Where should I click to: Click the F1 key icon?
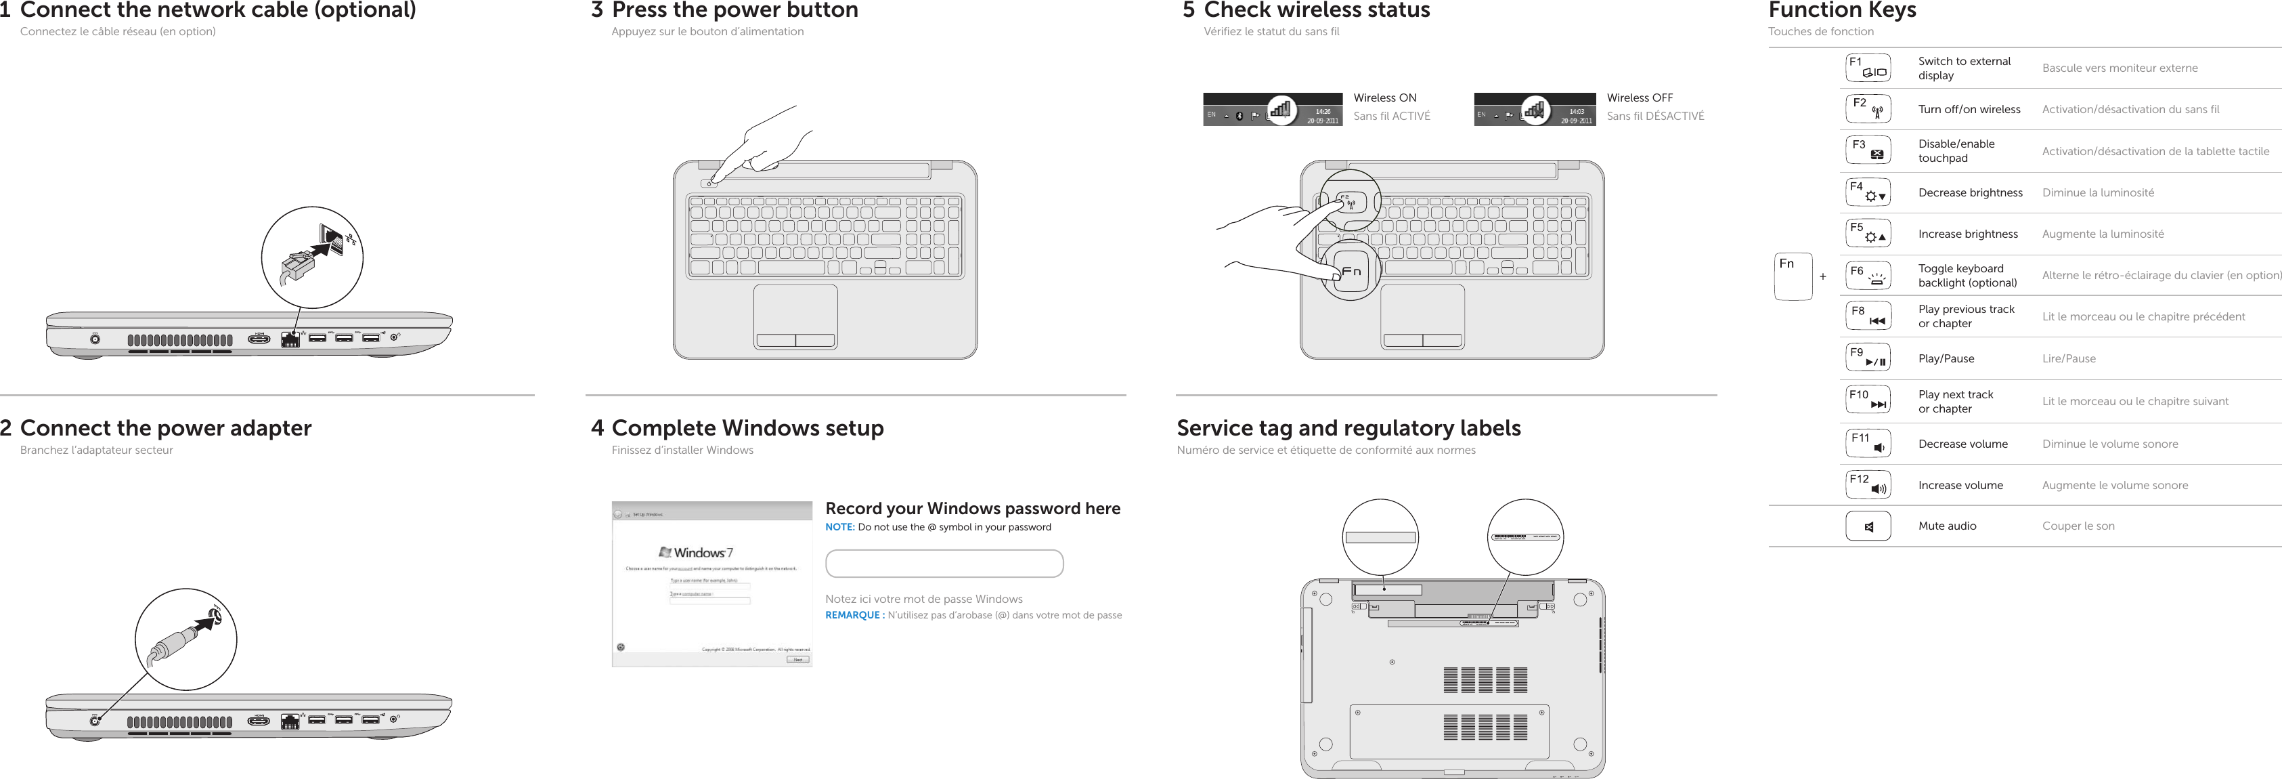coord(1868,68)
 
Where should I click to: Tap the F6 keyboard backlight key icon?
coord(1868,276)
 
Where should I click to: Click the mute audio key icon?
coord(1868,526)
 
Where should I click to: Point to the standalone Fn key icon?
coord(1793,276)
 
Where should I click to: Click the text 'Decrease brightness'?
coord(1969,192)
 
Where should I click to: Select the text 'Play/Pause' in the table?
coord(1946,359)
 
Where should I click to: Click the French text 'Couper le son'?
coord(2078,526)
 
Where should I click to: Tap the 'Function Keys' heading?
coord(1842,11)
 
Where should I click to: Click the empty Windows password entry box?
coord(944,564)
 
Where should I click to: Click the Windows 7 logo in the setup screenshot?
coord(697,552)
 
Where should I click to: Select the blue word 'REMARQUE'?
coord(853,615)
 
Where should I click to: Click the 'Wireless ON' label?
coord(1384,98)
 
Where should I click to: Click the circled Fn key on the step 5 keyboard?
coord(1350,271)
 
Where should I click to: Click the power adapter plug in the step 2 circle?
coord(177,643)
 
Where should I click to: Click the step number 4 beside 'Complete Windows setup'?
coord(597,428)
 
